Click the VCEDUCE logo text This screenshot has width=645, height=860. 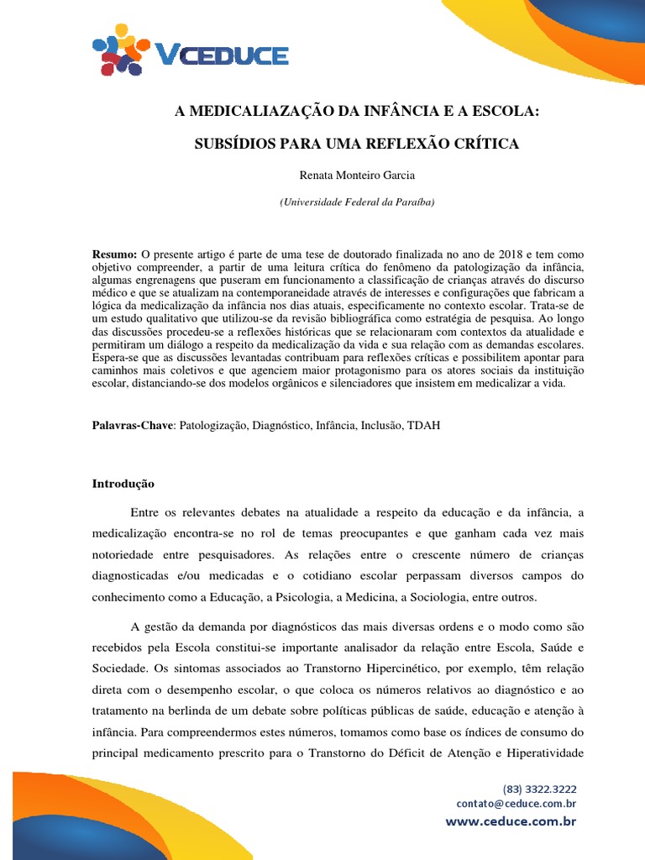tap(222, 55)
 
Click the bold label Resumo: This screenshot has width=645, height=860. tap(114, 254)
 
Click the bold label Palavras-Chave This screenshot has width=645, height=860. tap(133, 426)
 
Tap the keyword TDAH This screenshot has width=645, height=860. tap(423, 426)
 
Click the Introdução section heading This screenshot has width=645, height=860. tap(123, 484)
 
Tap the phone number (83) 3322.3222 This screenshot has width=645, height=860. tap(540, 789)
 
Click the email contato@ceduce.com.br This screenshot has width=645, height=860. tap(517, 804)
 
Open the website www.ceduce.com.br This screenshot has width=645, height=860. tap(511, 821)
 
